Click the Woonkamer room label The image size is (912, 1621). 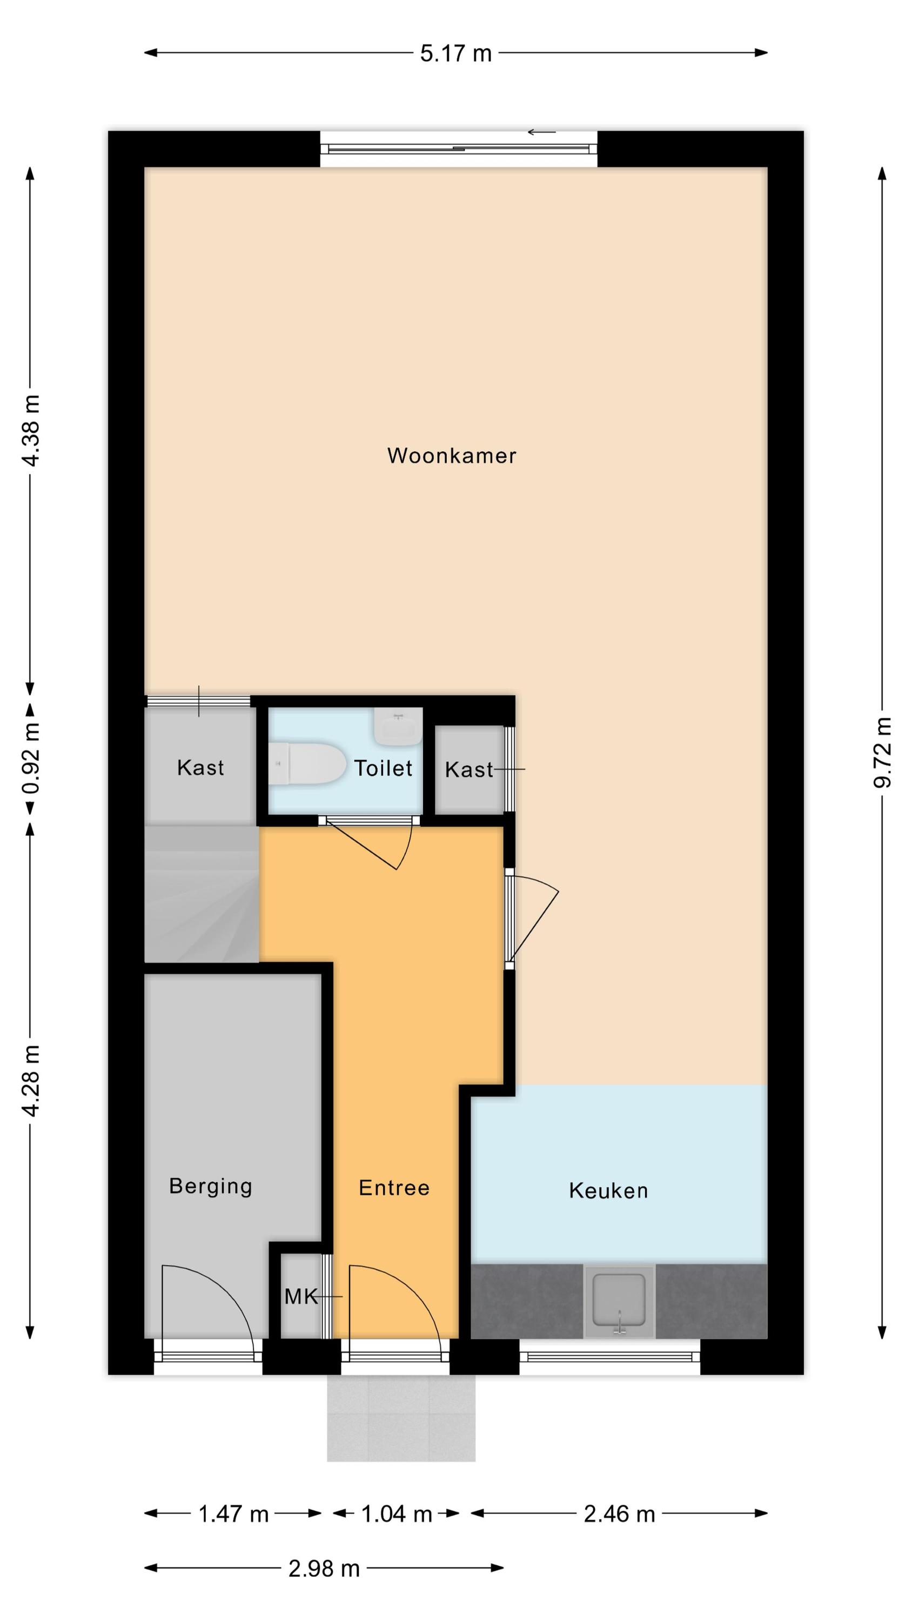click(x=451, y=456)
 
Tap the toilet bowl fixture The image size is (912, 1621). click(x=307, y=763)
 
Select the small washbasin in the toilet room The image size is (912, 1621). click(x=398, y=726)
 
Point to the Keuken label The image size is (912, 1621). click(x=608, y=1190)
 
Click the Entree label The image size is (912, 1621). click(x=394, y=1188)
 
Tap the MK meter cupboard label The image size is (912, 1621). click(x=301, y=1296)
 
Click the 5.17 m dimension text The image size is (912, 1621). click(x=455, y=53)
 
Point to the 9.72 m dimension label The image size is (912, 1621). click(x=882, y=752)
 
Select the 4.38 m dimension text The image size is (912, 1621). click(x=30, y=431)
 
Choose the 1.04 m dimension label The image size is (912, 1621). click(x=397, y=1514)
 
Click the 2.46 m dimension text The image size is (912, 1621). click(x=619, y=1514)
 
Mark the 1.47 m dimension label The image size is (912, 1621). click(x=233, y=1514)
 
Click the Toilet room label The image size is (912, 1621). click(x=383, y=768)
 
